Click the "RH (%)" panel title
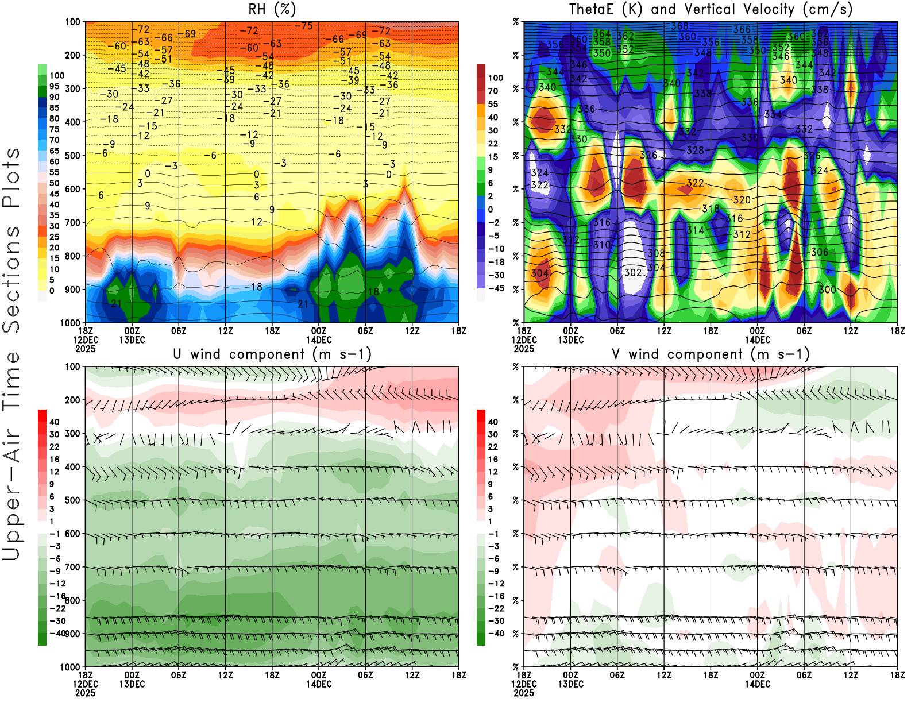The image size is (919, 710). pos(272,10)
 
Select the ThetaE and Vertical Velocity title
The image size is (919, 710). pos(711,10)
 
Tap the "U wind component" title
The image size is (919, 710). pos(272,354)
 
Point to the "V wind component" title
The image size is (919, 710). pos(711,354)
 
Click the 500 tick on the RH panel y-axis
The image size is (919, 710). pos(72,156)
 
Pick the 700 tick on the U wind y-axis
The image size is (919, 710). pos(72,568)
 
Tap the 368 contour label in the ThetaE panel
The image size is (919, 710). pos(679,26)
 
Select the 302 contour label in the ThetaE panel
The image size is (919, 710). pos(633,273)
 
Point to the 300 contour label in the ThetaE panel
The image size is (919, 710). pos(827,290)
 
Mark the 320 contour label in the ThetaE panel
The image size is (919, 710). pos(742,200)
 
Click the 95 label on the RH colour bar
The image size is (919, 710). pos(55,86)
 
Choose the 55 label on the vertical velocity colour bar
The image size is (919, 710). pos(493,104)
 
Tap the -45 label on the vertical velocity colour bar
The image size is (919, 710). pos(495,288)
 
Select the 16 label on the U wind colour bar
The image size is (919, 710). pos(54,460)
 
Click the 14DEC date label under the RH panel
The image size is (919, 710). pos(319,340)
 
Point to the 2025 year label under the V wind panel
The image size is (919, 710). pos(524,693)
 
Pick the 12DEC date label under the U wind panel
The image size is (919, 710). pos(86,684)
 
